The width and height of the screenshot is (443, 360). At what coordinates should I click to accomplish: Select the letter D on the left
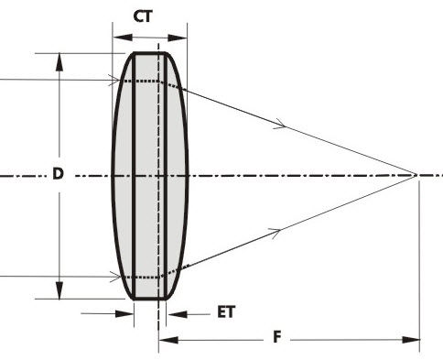click(x=58, y=174)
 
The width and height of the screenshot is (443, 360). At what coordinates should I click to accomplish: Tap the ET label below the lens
click(x=225, y=311)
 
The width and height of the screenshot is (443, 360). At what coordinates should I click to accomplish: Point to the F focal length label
click(x=277, y=337)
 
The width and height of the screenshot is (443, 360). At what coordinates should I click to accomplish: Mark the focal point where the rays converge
click(x=417, y=174)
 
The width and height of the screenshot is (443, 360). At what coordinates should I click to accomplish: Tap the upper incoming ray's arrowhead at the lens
click(x=115, y=81)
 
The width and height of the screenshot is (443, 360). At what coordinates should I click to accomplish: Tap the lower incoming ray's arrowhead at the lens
click(x=115, y=276)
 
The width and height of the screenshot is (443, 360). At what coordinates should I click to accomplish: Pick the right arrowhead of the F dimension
click(x=415, y=341)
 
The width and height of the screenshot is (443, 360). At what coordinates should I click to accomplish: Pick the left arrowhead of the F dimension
click(x=165, y=341)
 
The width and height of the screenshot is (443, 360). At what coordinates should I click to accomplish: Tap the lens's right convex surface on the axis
click(x=188, y=174)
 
